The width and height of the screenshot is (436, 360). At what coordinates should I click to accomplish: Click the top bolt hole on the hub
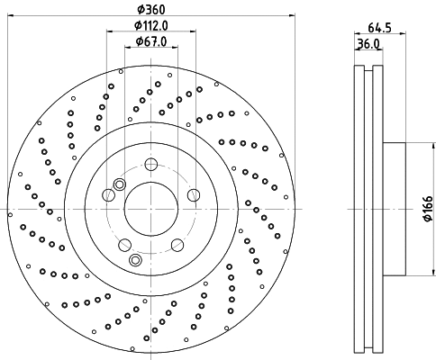[x=151, y=164]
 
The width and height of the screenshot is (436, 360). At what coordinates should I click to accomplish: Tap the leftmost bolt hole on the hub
[x=109, y=194]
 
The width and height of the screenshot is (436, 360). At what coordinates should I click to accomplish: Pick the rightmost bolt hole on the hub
[x=193, y=194]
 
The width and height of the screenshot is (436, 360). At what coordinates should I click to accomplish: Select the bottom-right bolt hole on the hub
[x=177, y=245]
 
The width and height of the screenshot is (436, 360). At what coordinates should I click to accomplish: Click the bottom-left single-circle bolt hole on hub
[x=125, y=245]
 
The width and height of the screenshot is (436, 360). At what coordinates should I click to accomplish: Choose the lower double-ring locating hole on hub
[x=136, y=260]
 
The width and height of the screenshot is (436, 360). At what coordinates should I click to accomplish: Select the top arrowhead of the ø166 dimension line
[x=417, y=147]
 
